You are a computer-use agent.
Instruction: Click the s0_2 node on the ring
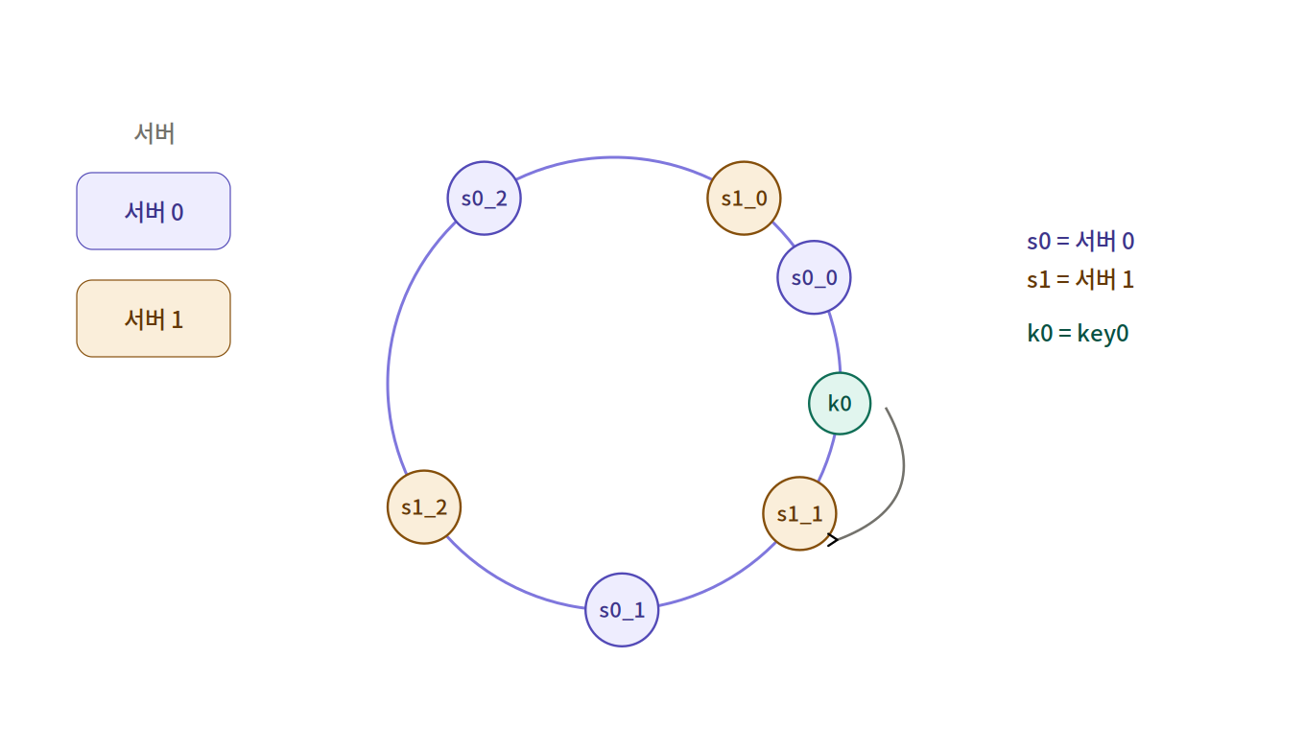click(485, 199)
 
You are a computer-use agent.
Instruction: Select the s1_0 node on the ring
click(744, 199)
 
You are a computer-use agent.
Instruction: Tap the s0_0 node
click(814, 278)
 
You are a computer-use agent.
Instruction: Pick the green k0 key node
click(840, 404)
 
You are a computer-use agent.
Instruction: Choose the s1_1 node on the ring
click(800, 513)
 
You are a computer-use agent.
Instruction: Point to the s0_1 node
click(622, 610)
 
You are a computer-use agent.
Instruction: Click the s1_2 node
click(424, 507)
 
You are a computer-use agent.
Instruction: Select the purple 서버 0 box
click(154, 211)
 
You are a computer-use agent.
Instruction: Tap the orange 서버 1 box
click(154, 318)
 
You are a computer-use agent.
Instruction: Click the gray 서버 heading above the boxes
click(154, 133)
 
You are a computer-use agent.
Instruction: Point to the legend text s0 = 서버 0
click(1080, 241)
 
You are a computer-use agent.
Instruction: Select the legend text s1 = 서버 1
click(1080, 279)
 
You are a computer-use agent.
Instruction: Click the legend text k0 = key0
click(1078, 334)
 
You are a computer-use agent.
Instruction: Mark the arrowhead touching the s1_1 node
click(833, 540)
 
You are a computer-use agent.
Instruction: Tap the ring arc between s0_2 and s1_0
click(614, 157)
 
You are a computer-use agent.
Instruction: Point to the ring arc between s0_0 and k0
click(837, 342)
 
